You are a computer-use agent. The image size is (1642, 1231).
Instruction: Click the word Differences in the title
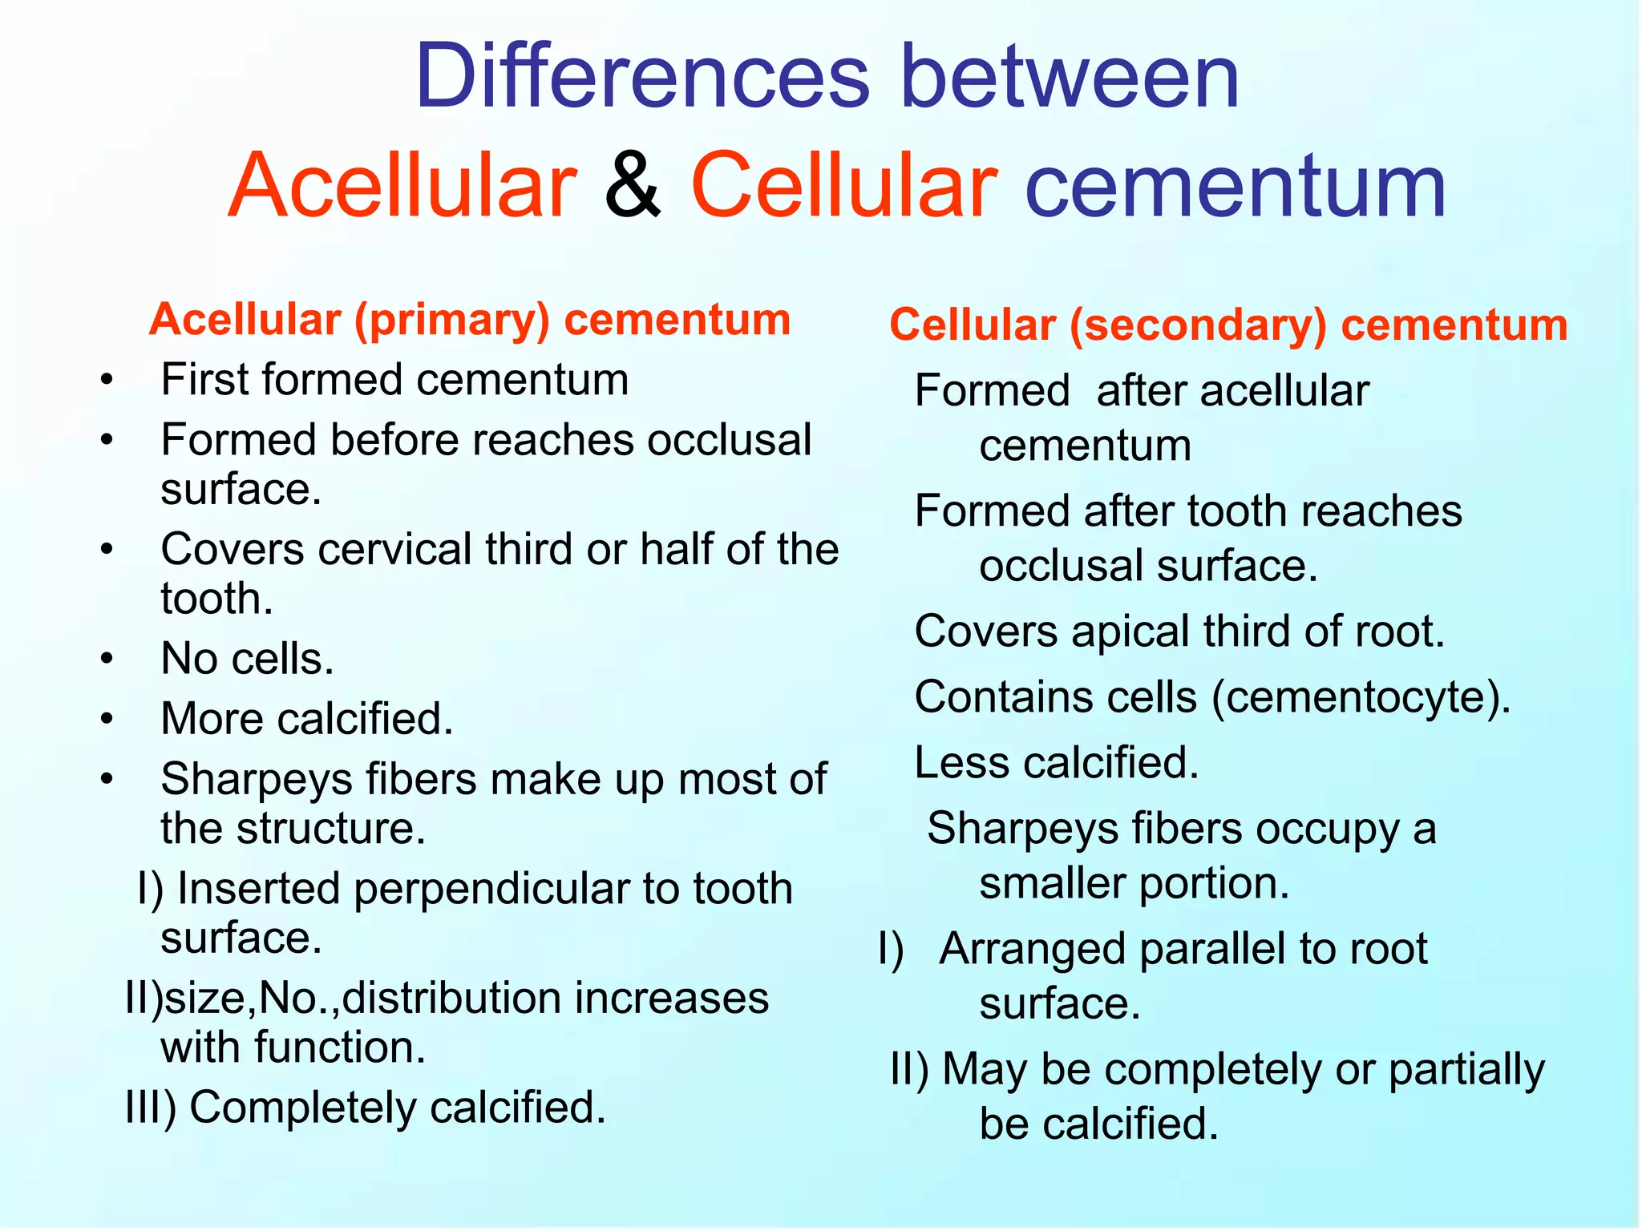click(x=641, y=77)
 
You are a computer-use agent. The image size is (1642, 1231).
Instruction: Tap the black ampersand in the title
click(x=633, y=186)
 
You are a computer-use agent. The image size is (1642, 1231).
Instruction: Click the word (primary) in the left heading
click(x=452, y=321)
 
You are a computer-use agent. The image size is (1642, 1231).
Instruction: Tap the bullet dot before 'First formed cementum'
click(x=107, y=381)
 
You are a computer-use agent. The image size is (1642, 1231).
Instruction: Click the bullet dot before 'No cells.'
click(x=107, y=660)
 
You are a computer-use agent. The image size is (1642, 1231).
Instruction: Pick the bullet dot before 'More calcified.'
click(x=107, y=720)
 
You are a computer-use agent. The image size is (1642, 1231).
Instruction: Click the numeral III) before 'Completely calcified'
click(x=151, y=1108)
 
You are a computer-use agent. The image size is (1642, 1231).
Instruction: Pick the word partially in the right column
click(x=1466, y=1071)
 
